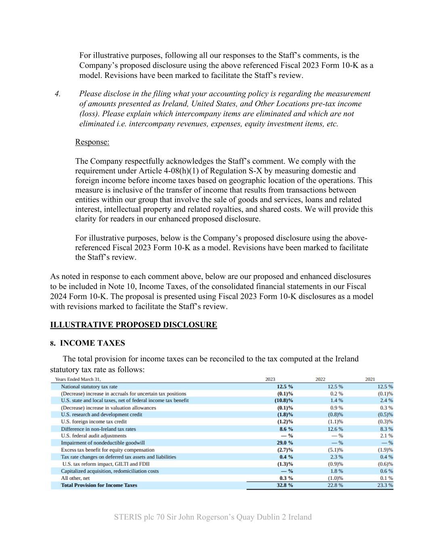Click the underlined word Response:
pyautogui.click(x=92, y=142)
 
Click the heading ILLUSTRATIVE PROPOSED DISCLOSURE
pyautogui.click(x=133, y=325)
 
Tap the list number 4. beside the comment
pyautogui.click(x=58, y=94)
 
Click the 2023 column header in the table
pyautogui.click(x=270, y=379)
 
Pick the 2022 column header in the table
pyautogui.click(x=320, y=379)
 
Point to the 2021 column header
pyautogui.click(x=370, y=379)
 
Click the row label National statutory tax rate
pyautogui.click(x=89, y=387)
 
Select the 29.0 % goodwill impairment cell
pyautogui.click(x=285, y=443)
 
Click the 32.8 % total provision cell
pyautogui.click(x=285, y=485)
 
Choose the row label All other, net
pyautogui.click(x=75, y=478)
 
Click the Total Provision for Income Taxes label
pyautogui.click(x=99, y=485)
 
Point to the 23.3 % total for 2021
pyautogui.click(x=385, y=485)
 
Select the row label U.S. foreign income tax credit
pyautogui.click(x=94, y=422)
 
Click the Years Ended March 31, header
pyautogui.click(x=78, y=379)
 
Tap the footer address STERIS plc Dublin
pyautogui.click(x=213, y=517)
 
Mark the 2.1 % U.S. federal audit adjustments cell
pyautogui.click(x=386, y=436)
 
